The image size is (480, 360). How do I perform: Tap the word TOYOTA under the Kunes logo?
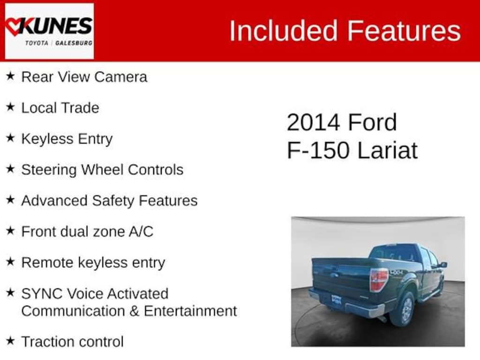(37, 43)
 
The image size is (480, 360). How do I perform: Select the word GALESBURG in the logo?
(74, 43)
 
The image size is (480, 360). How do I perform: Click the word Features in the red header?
(404, 30)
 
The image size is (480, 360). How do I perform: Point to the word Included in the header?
(283, 30)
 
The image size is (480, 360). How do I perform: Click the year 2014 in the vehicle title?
(314, 122)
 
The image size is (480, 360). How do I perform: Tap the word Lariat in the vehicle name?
(387, 150)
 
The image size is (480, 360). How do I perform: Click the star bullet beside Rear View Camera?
(10, 76)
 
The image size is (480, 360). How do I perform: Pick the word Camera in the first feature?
(120, 77)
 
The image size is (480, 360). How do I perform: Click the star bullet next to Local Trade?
(10, 107)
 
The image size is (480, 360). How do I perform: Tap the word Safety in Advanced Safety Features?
(113, 201)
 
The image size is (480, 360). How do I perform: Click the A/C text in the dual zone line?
(141, 232)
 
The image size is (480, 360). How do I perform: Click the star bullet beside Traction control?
(10, 340)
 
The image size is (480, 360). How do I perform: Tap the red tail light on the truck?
(378, 280)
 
